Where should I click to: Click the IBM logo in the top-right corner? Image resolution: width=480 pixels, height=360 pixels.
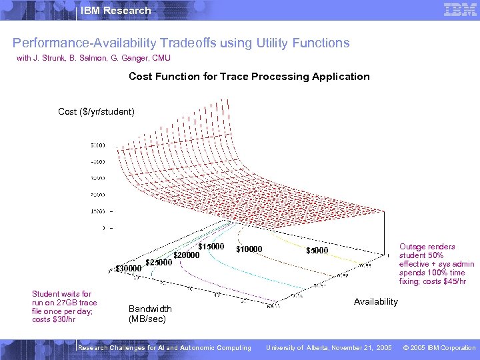(459, 10)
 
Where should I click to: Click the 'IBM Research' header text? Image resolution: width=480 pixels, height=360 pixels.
(115, 11)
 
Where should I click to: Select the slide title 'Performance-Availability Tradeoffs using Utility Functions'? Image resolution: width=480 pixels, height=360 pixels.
(181, 43)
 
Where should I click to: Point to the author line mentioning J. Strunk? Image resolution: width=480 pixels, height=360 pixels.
(93, 59)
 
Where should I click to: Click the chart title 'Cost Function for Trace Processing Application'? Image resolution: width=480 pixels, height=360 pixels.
(249, 77)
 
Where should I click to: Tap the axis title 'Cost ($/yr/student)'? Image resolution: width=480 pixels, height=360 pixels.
(97, 111)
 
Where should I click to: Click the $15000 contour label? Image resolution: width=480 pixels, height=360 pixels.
(211, 247)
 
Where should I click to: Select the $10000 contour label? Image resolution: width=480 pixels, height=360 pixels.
(249, 250)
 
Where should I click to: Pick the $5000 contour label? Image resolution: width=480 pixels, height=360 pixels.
(317, 251)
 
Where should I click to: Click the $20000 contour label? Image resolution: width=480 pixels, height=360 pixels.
(187, 255)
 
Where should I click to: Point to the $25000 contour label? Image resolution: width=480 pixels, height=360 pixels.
(159, 262)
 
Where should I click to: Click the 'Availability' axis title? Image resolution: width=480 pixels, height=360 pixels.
(375, 302)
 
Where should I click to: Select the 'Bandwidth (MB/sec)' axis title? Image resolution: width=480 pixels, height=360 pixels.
(150, 314)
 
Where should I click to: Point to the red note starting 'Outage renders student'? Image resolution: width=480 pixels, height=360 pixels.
(436, 264)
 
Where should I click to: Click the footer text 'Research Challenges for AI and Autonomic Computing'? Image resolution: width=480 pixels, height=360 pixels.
(165, 347)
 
